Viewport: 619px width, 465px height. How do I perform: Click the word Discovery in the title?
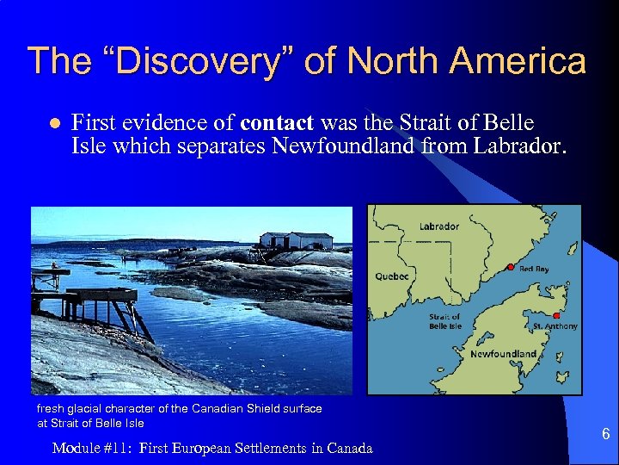185,61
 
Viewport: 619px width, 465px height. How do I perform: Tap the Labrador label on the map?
438,227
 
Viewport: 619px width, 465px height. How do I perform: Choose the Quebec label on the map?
392,276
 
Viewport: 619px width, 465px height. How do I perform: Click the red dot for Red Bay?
511,267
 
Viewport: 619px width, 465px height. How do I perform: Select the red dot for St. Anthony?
556,316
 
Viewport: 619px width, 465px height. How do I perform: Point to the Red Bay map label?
534,270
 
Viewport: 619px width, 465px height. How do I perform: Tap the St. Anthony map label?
555,326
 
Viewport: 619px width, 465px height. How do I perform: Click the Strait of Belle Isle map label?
445,322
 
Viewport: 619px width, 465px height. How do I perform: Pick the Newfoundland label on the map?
503,354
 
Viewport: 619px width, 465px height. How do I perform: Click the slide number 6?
605,434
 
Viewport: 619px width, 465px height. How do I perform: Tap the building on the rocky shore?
295,240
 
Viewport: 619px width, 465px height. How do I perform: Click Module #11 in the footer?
90,448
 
